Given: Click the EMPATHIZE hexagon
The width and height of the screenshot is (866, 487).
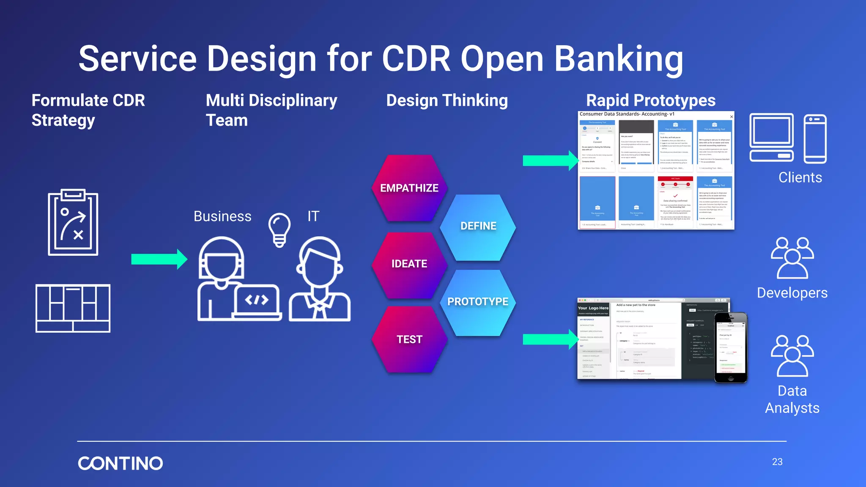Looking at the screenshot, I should point(409,188).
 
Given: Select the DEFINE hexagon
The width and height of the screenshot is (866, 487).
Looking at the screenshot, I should point(478,226).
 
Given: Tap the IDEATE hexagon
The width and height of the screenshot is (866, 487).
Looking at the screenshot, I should point(409,264).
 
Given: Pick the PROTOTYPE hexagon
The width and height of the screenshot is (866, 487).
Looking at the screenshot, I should point(478,302).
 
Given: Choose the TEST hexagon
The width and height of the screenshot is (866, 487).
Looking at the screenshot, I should point(409,339).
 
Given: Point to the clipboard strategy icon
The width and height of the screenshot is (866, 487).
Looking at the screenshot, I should point(73,222).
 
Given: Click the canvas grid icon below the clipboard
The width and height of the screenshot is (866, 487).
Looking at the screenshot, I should point(73,308).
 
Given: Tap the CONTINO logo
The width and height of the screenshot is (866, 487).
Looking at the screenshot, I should point(121,463).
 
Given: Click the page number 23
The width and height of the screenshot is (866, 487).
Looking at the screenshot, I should point(777,462).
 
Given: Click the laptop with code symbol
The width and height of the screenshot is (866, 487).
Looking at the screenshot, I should point(257,301).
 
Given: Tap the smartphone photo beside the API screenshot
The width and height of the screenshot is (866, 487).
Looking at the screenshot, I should point(731,347).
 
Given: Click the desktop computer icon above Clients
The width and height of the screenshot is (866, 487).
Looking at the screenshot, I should point(771,138).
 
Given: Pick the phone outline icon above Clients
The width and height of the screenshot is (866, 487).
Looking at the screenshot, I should point(815,139).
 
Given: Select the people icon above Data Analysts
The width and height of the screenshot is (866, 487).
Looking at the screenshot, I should point(792,356).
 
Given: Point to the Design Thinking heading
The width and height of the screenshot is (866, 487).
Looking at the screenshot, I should point(447,101).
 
